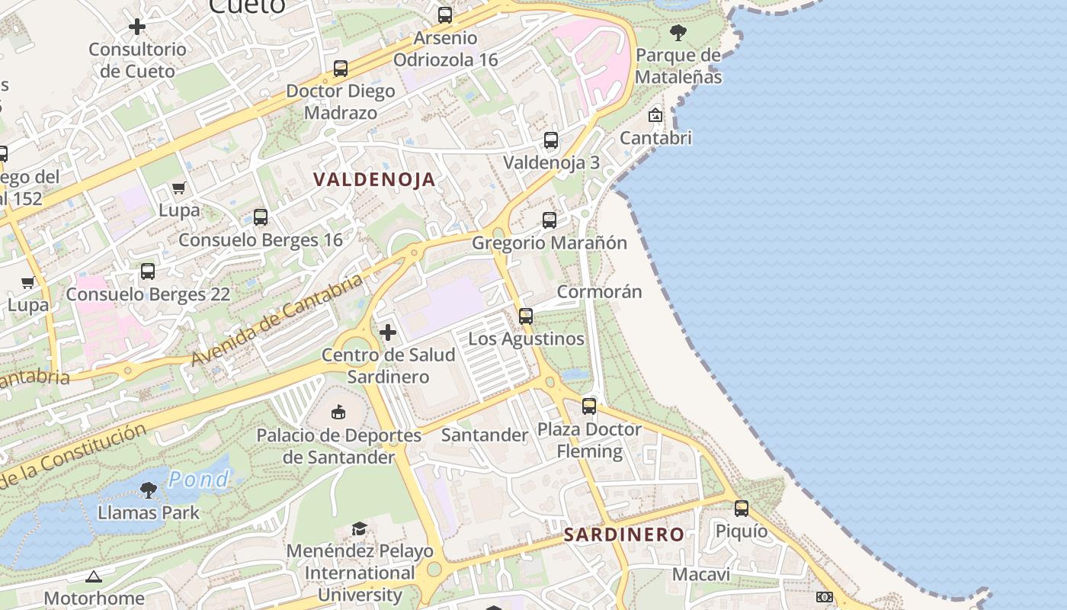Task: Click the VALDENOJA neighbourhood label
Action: tap(374, 180)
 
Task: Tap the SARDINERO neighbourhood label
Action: tap(624, 535)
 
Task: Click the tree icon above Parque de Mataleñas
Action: tap(678, 33)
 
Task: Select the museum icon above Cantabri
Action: tap(655, 115)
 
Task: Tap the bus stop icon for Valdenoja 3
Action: tap(551, 140)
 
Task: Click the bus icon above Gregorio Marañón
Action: tap(550, 220)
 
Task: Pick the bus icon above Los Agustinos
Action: tap(526, 316)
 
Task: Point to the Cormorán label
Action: tap(599, 292)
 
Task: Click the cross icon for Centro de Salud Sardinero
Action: tap(388, 332)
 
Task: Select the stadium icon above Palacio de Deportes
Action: tap(338, 413)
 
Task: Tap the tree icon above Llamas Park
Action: tap(149, 490)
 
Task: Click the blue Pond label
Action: tap(198, 480)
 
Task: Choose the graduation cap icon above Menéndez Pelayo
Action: tap(359, 528)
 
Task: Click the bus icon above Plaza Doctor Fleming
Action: tap(589, 406)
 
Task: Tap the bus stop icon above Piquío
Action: tap(742, 509)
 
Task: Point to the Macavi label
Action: tap(701, 574)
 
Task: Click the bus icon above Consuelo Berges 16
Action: tap(261, 217)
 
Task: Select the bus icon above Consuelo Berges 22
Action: tap(148, 271)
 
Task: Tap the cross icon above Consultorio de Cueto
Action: tap(137, 27)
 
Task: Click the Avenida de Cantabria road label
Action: tap(277, 319)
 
